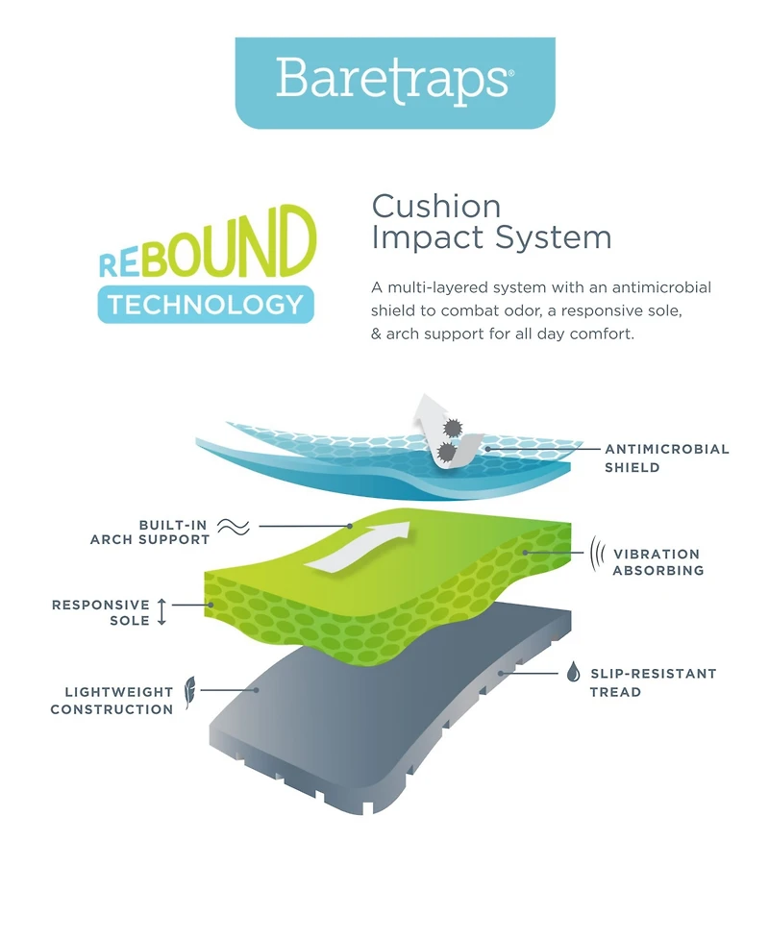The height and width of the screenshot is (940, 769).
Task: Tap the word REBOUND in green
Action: (x=208, y=243)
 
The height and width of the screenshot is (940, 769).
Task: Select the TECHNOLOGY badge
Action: (x=206, y=305)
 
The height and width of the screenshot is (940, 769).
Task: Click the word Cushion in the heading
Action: (x=436, y=207)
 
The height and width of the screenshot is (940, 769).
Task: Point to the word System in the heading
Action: (x=554, y=237)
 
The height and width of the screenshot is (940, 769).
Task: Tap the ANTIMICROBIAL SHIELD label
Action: (x=666, y=458)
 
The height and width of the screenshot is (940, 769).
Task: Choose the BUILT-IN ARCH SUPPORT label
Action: (x=150, y=532)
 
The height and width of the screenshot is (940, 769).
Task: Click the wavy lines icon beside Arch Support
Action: (x=234, y=527)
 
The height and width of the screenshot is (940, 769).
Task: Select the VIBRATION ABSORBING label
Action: (x=657, y=561)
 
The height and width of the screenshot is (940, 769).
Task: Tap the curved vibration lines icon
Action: (x=597, y=554)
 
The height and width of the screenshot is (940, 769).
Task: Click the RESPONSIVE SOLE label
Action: (x=101, y=612)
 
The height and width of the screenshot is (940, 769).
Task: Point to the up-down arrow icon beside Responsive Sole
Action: (x=161, y=611)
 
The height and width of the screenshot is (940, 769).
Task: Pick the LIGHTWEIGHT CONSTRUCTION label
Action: (x=112, y=701)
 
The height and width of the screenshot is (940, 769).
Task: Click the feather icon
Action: (x=190, y=692)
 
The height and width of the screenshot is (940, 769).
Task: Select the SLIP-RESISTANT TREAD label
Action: (x=653, y=682)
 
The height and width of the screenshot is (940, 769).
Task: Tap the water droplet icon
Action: (x=574, y=672)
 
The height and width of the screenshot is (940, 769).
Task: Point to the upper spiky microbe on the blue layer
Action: (x=453, y=428)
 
